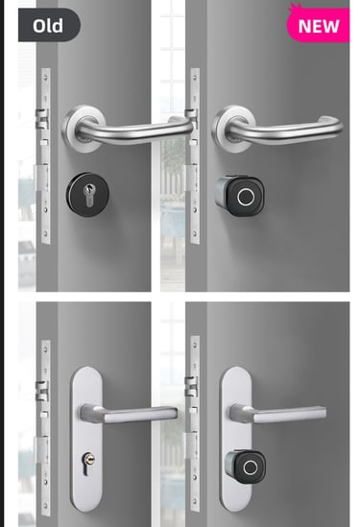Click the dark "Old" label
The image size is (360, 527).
[49, 25]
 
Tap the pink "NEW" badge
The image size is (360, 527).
[318, 25]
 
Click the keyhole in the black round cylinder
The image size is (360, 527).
[88, 195]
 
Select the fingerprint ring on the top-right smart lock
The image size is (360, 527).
[246, 197]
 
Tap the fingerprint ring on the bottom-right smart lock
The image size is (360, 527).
[251, 467]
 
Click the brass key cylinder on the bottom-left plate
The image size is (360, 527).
[88, 459]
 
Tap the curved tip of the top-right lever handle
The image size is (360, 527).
[331, 123]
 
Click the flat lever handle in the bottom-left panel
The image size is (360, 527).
[129, 414]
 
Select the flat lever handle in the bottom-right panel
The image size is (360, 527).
[278, 414]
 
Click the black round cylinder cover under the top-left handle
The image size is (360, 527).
[87, 195]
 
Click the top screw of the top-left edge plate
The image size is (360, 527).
[45, 78]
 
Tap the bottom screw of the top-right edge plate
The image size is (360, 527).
[195, 233]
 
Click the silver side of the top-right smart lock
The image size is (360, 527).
[222, 193]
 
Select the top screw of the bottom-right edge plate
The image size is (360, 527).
[195, 345]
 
